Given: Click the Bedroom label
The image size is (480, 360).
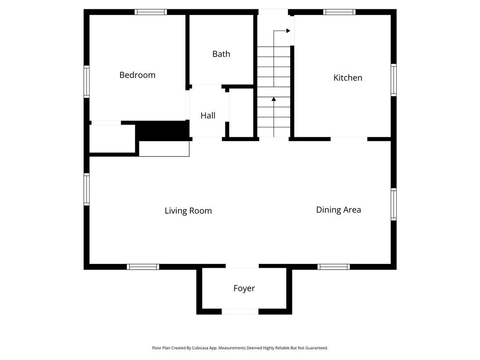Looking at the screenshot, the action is pyautogui.click(x=137, y=75).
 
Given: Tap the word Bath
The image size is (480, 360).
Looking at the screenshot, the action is pyautogui.click(x=221, y=54).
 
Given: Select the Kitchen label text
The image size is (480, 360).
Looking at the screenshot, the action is pyautogui.click(x=348, y=78).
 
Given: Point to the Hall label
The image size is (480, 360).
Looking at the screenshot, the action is pyautogui.click(x=208, y=115).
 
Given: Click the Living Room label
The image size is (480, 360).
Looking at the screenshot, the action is pyautogui.click(x=188, y=210).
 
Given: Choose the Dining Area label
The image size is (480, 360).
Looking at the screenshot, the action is pyautogui.click(x=338, y=210).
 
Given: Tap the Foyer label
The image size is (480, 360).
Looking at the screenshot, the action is pyautogui.click(x=244, y=288).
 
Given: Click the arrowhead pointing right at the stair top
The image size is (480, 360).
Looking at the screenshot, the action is pyautogui.click(x=288, y=30).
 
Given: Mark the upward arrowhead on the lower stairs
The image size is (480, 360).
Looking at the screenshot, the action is pyautogui.click(x=274, y=99).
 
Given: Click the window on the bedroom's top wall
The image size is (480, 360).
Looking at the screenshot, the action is pyautogui.click(x=150, y=12).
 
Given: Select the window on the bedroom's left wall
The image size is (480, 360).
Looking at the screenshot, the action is pyautogui.click(x=87, y=82).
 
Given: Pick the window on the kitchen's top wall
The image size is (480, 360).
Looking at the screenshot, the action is pyautogui.click(x=339, y=12).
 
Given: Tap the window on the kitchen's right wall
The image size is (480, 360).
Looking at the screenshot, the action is pyautogui.click(x=394, y=80).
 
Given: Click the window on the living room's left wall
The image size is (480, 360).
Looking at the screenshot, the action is pyautogui.click(x=87, y=189).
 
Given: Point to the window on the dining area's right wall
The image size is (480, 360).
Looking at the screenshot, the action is pyautogui.click(x=394, y=204).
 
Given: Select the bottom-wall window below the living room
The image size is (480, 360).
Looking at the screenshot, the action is pyautogui.click(x=143, y=267).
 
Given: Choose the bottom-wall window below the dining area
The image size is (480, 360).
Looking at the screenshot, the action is pyautogui.click(x=333, y=267).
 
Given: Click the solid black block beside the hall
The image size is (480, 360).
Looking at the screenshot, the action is pyautogui.click(x=162, y=131).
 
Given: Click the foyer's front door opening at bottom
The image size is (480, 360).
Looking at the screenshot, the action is pyautogui.click(x=240, y=312).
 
